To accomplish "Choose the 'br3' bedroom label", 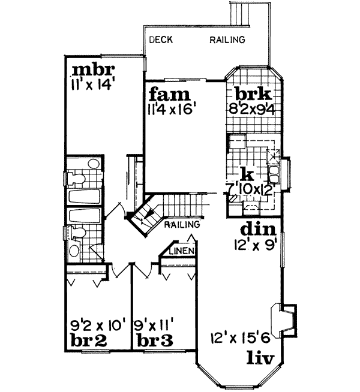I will tap(154, 342).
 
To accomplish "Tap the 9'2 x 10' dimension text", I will tap(96, 327).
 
